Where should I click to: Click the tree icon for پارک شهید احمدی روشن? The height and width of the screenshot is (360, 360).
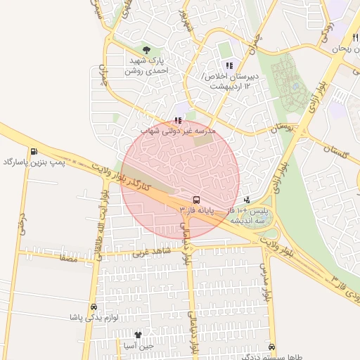coord(146,50)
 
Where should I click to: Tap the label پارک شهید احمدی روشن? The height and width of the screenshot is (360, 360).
coord(148,66)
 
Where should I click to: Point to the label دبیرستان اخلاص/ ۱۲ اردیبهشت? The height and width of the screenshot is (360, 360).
coord(226,80)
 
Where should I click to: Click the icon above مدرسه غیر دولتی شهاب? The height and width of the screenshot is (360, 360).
coord(177,120)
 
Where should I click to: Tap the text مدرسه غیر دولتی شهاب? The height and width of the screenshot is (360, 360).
coord(178,131)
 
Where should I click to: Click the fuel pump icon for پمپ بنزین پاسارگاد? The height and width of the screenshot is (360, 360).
coord(34,152)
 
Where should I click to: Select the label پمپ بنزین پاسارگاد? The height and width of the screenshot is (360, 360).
coord(34,163)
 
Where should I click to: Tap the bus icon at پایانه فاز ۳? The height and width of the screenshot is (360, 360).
coord(195,200)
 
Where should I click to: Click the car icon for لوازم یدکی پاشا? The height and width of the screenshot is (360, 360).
coord(94,307)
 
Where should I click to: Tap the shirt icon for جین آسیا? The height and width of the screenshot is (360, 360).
coord(138,335)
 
